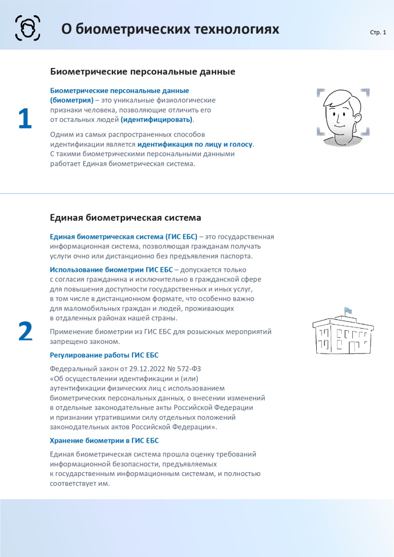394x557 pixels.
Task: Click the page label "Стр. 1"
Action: tap(378, 33)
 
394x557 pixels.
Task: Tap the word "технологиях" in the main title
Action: tap(237, 29)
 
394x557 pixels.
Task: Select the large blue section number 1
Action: tap(25, 120)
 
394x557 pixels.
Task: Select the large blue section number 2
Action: tap(25, 332)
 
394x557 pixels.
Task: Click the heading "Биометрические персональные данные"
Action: tap(142, 71)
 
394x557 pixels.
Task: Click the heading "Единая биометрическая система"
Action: tap(126, 218)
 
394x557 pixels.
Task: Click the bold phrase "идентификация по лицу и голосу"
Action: tap(195, 144)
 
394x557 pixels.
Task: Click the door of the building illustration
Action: tap(354, 346)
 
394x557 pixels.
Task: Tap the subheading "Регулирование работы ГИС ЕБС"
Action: tap(104, 355)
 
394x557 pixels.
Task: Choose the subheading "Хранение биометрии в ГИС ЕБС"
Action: tap(104, 441)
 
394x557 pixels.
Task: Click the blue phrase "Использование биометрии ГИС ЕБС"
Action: tap(111, 270)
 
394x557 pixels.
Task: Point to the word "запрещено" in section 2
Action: tap(67, 342)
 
